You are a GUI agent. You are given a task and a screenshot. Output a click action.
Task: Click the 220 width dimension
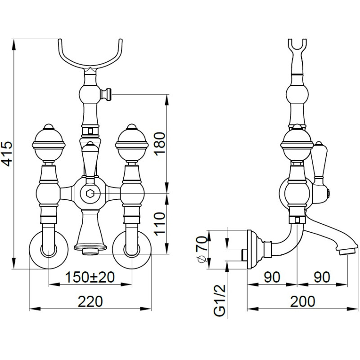[x=90, y=301]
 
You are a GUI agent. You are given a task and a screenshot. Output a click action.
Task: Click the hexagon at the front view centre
[x=90, y=194]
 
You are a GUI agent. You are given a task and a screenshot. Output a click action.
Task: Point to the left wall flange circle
[x=48, y=251]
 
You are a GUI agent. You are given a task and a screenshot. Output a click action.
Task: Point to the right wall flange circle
[x=131, y=251]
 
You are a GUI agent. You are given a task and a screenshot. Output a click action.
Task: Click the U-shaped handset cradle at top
[x=90, y=56]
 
